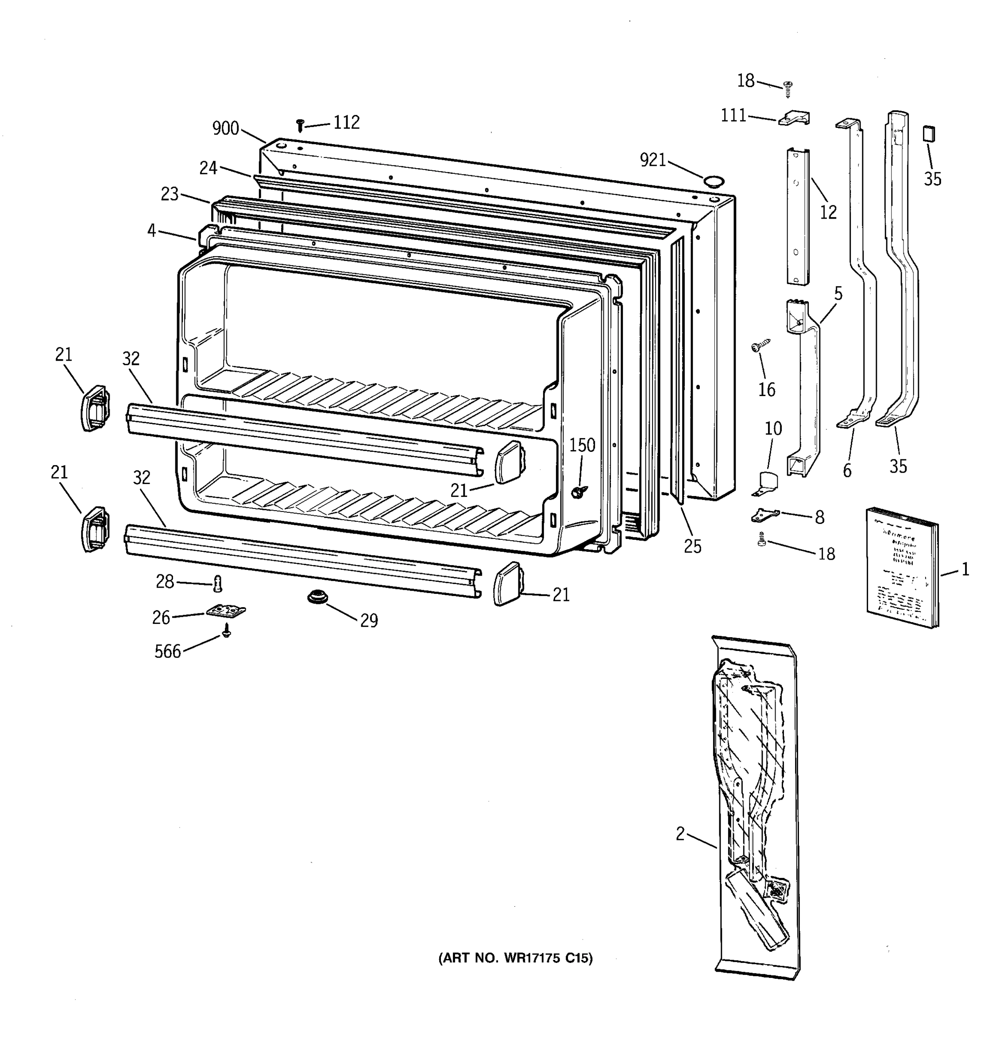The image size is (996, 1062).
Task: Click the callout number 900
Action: click(225, 128)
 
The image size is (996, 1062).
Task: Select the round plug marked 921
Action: click(712, 181)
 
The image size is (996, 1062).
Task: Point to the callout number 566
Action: click(168, 651)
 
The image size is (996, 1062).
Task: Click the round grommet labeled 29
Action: click(317, 596)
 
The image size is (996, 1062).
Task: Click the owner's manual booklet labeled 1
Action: click(901, 567)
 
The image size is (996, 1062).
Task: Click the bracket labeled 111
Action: click(794, 118)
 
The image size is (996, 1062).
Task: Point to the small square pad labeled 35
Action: click(929, 134)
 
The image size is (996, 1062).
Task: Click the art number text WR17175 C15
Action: click(515, 958)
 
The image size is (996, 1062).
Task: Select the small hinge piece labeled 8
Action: click(764, 515)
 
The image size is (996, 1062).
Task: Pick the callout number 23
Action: click(170, 194)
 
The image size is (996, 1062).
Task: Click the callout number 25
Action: click(692, 546)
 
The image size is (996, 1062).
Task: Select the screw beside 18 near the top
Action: click(788, 88)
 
